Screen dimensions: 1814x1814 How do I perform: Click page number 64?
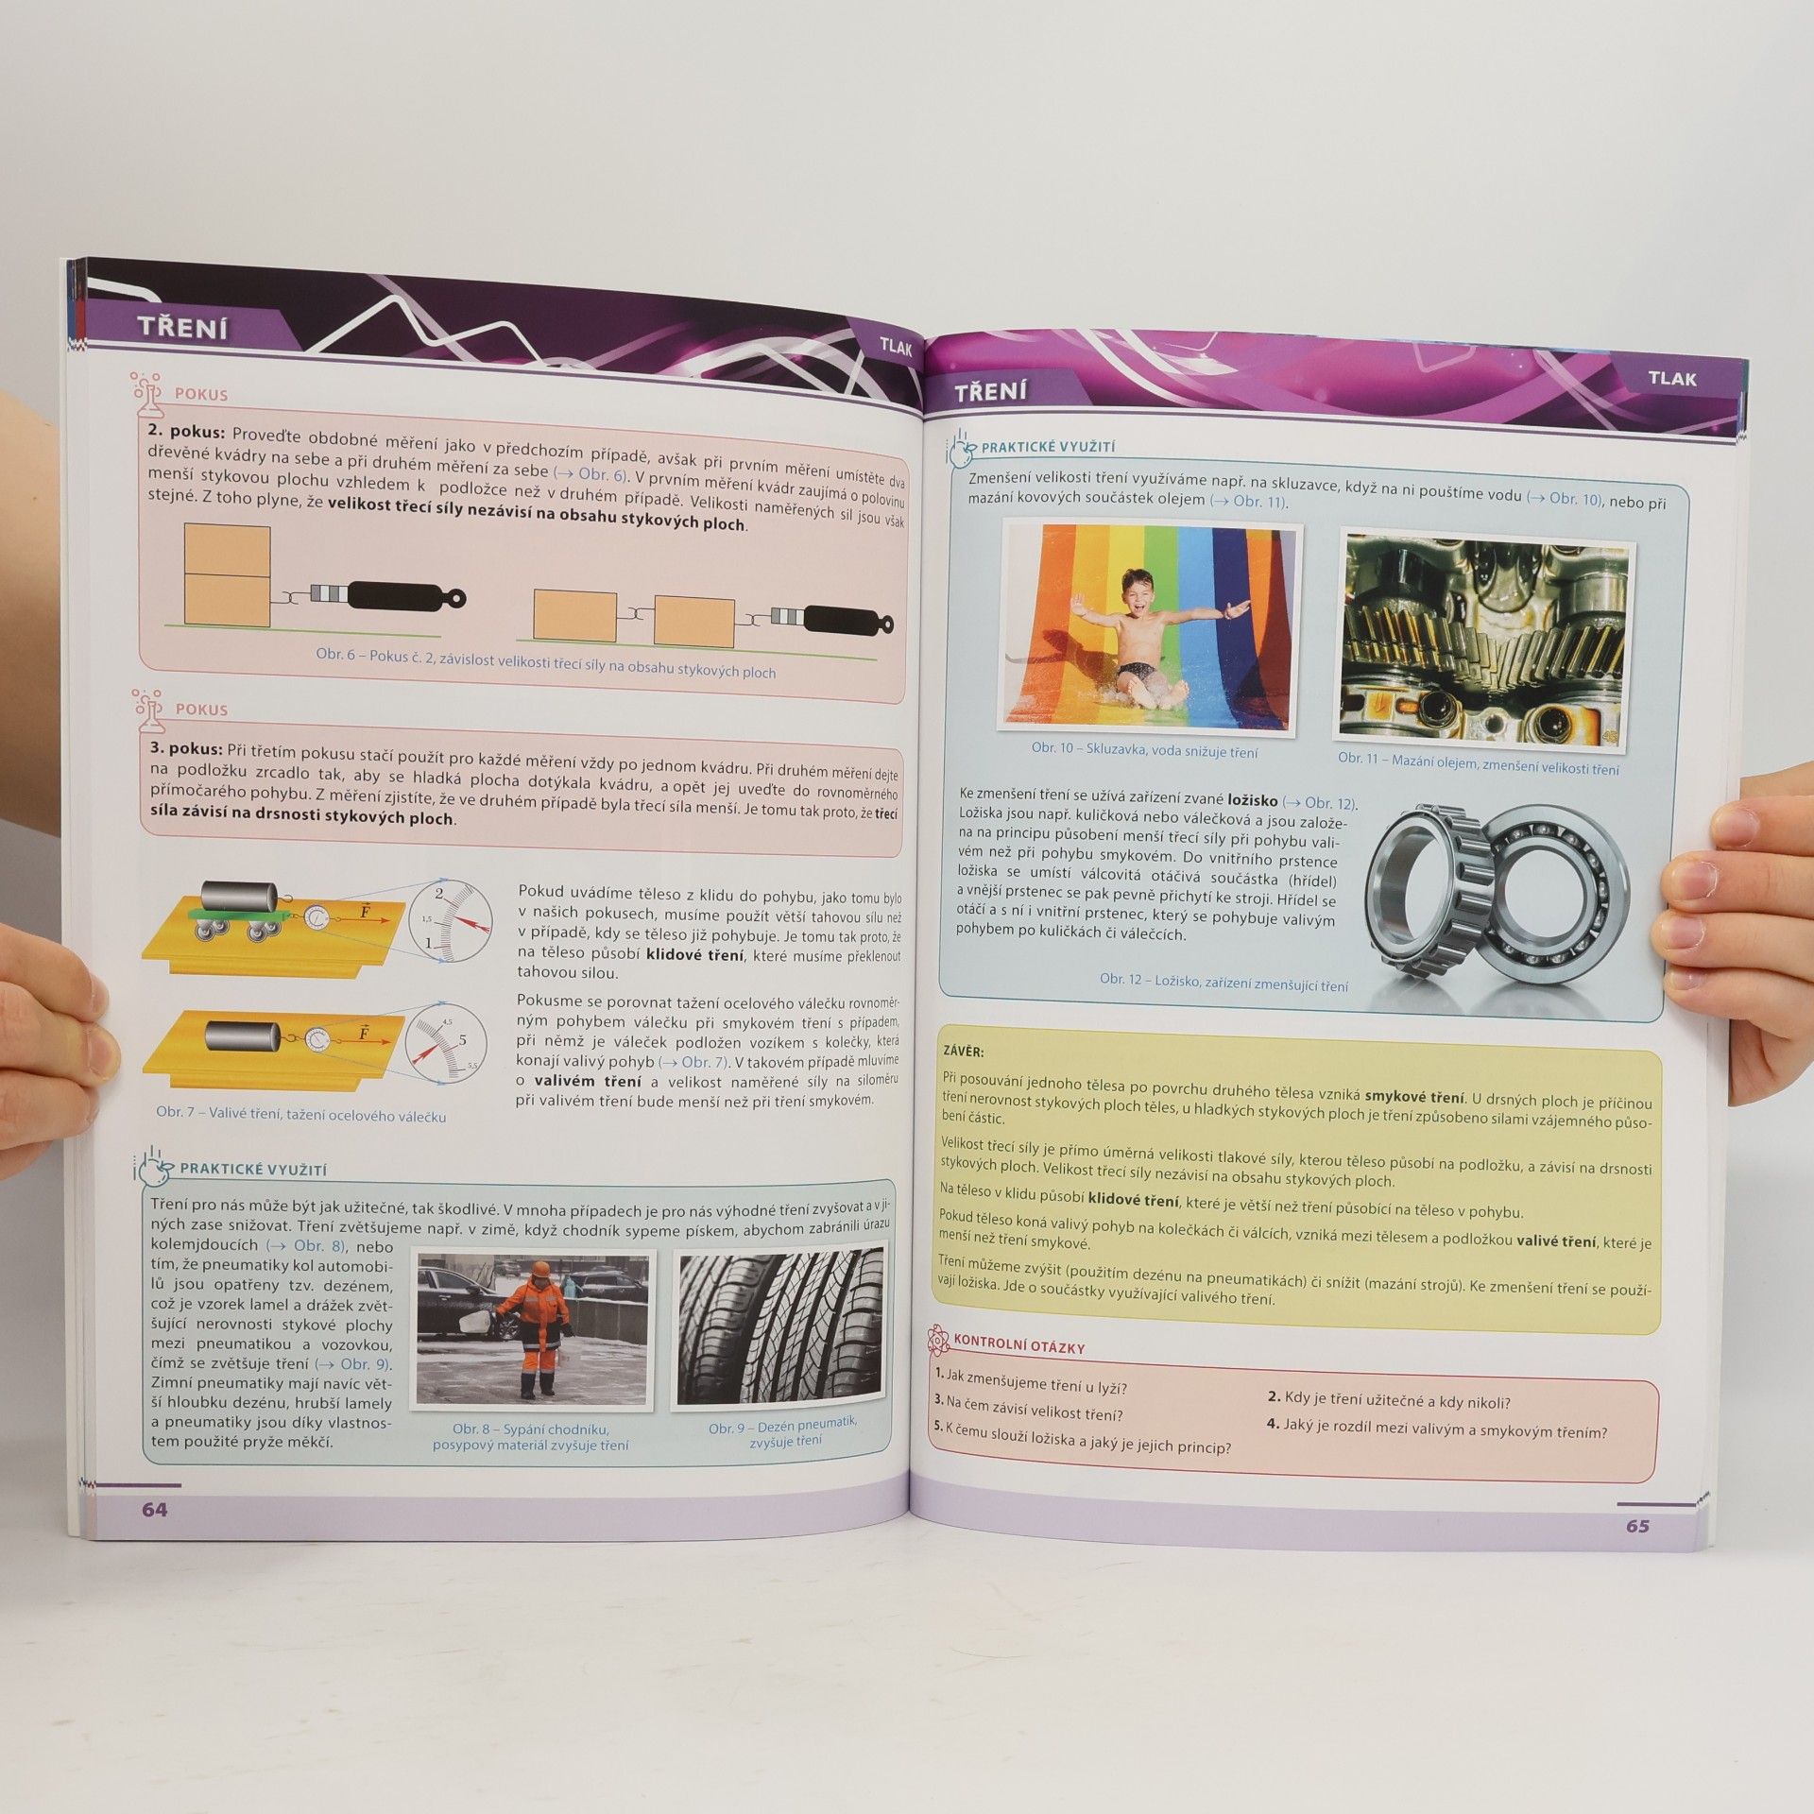(x=155, y=1510)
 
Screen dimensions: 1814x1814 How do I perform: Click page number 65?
(x=1637, y=1526)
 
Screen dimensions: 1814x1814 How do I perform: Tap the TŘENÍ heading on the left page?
(x=182, y=328)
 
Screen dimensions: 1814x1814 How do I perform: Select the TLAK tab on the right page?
(x=1672, y=379)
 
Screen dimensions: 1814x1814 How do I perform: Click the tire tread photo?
(x=780, y=1327)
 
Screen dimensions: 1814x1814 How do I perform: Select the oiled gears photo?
(x=1483, y=639)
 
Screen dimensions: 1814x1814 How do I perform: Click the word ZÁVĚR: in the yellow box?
(x=964, y=1051)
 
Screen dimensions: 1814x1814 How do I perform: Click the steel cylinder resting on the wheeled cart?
(x=237, y=895)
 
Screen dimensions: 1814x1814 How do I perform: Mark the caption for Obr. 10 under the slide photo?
(x=1144, y=750)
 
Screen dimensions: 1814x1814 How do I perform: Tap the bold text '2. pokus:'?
(x=187, y=431)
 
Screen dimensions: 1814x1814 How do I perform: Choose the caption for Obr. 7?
(x=300, y=1115)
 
